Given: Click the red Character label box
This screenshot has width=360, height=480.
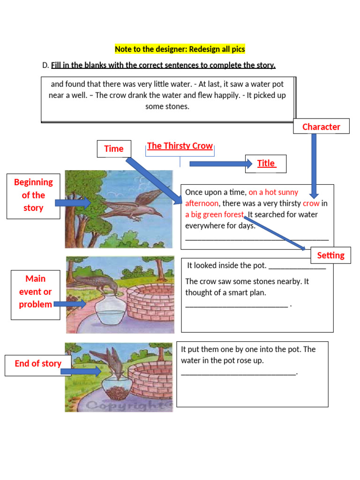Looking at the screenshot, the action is (x=321, y=127).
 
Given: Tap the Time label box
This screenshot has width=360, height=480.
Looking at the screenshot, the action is (x=114, y=149).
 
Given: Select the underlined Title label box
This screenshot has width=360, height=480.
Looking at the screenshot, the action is (x=266, y=164).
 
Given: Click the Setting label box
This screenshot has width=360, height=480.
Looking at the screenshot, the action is (x=330, y=255).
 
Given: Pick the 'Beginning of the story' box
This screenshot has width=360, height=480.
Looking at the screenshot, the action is (x=33, y=195).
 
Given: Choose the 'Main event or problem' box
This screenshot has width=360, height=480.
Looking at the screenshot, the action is (x=35, y=292).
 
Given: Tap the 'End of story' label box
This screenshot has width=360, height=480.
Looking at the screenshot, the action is (x=37, y=363).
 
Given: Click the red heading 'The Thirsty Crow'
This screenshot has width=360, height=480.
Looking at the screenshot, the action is (x=180, y=146).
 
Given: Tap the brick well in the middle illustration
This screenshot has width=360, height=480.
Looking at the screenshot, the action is (x=150, y=302).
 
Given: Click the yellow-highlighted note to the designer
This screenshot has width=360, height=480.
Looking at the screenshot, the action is (x=180, y=49).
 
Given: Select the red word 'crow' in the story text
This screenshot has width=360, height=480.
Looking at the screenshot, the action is (x=311, y=203).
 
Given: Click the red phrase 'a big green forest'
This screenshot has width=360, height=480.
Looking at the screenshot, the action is (x=215, y=215).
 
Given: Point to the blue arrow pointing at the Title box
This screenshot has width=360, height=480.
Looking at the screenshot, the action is (x=220, y=164).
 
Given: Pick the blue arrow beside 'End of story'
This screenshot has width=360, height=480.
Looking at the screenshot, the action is (x=81, y=372).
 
